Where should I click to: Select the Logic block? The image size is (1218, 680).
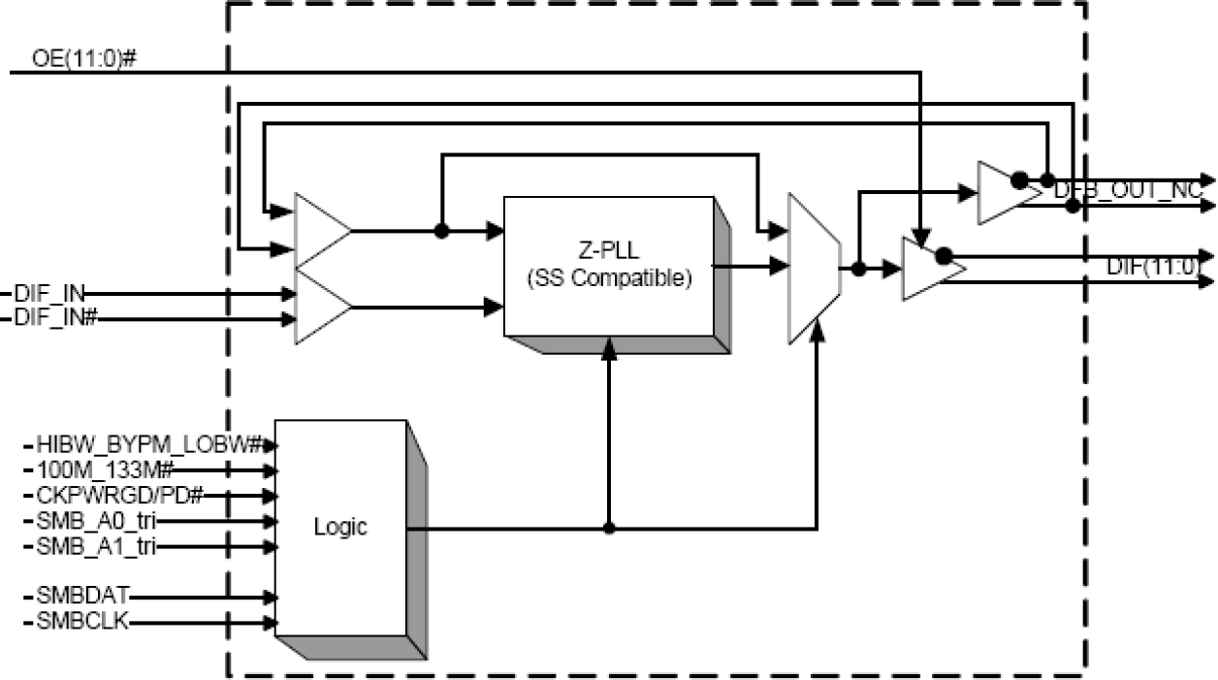[340, 528]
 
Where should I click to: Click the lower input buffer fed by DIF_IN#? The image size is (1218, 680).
[319, 308]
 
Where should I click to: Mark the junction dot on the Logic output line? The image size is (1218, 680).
[609, 529]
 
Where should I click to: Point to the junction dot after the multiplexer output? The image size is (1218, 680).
[858, 269]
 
